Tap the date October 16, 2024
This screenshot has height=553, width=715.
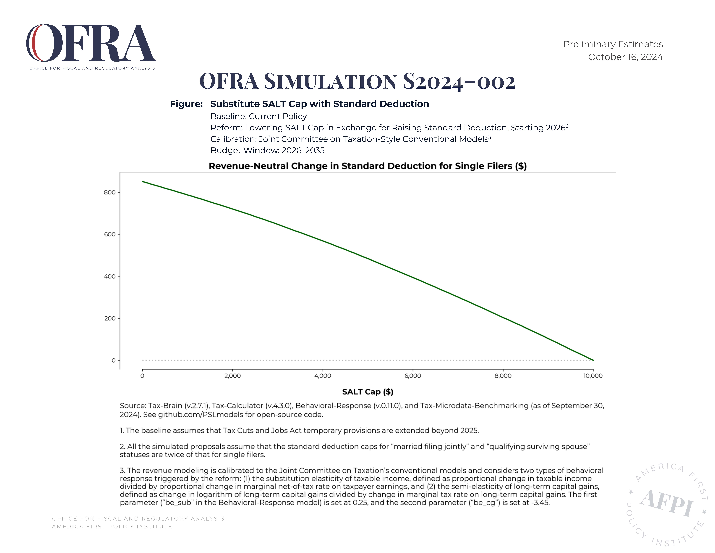tap(625, 57)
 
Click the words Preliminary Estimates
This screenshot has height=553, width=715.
tap(613, 44)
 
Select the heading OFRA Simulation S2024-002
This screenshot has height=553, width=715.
tap(357, 81)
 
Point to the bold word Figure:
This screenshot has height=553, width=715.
tap(186, 104)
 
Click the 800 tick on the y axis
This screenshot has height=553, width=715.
tap(110, 192)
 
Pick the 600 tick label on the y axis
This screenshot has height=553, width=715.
tap(110, 234)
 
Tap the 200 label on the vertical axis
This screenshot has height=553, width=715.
tap(110, 318)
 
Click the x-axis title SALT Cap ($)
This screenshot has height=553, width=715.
tap(368, 392)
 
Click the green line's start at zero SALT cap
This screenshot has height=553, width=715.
tap(142, 181)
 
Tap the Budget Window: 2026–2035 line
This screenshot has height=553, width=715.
tap(267, 151)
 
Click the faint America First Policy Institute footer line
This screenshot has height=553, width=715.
tap(112, 527)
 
